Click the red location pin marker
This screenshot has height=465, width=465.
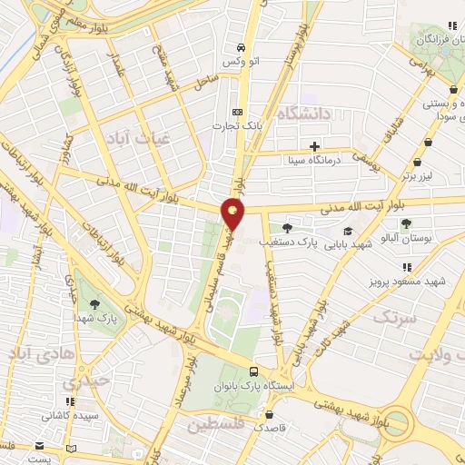(x=233, y=213)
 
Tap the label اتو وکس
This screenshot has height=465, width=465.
(x=237, y=63)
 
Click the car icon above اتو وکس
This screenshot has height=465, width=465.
(x=238, y=47)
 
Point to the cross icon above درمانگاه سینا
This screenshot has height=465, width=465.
(x=314, y=145)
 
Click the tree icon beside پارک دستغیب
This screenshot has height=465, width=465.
(x=287, y=228)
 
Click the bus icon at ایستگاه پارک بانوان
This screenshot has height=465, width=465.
(x=253, y=371)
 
